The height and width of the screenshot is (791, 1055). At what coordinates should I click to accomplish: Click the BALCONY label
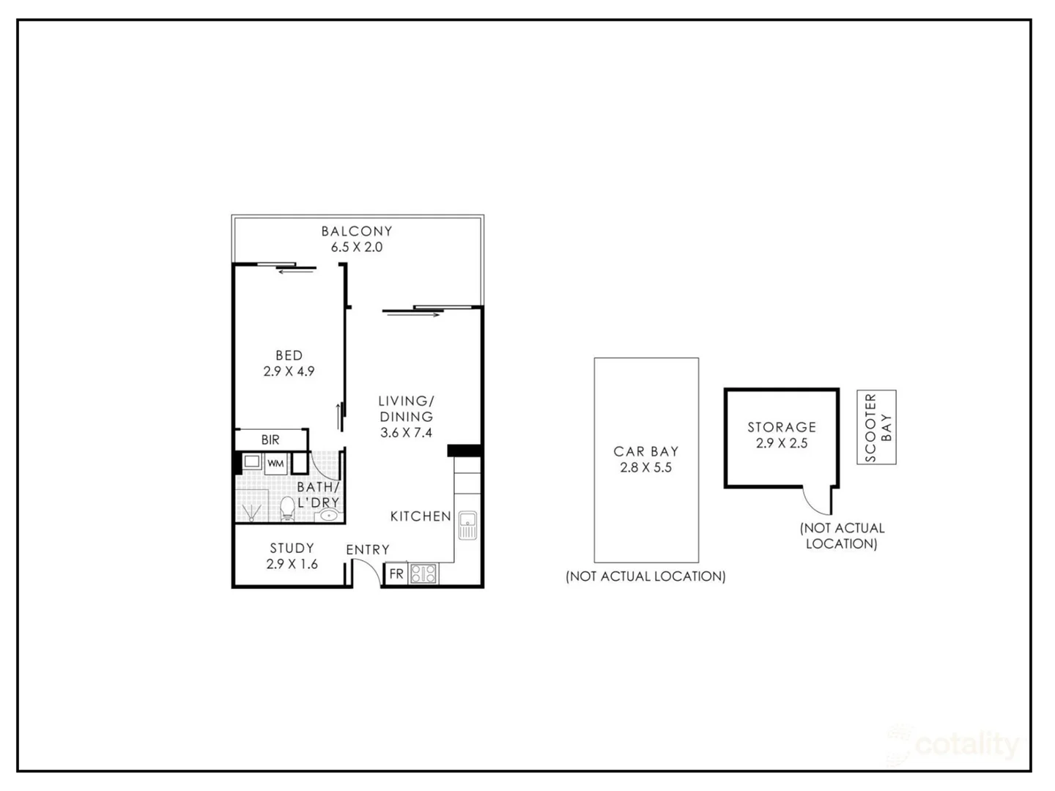point(357,231)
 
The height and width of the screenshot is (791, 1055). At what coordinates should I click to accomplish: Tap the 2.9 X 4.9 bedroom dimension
point(289,371)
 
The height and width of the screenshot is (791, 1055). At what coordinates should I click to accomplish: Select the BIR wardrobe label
point(270,440)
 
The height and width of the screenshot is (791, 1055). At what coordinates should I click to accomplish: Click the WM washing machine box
point(275,464)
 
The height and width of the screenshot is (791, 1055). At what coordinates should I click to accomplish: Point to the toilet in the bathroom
point(288,507)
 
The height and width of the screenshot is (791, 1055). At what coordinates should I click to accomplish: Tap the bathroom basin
point(329,515)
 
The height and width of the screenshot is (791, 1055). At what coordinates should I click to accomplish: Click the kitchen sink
point(467,525)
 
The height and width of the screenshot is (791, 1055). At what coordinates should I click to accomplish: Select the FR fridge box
point(396,573)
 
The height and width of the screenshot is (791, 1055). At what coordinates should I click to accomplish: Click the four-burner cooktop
point(423,573)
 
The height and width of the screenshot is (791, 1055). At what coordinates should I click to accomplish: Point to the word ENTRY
point(368,550)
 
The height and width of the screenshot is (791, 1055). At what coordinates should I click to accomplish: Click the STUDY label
point(292,548)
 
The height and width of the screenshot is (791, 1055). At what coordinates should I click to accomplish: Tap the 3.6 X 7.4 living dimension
point(406,433)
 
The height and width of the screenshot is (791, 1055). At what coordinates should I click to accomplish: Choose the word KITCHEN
point(421,516)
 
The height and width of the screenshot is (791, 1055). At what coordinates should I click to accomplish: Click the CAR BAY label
point(646,452)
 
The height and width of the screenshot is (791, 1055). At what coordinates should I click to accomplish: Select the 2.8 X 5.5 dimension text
point(646,468)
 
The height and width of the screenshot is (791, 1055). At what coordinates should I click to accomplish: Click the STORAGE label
point(782,427)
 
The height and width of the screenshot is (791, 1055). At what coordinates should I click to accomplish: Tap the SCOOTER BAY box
point(877,427)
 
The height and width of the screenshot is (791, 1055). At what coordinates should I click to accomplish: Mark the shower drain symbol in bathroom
point(252,511)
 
